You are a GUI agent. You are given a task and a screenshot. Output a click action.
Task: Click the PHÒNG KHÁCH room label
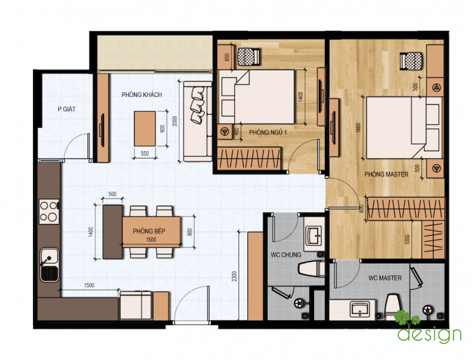pos(142,95)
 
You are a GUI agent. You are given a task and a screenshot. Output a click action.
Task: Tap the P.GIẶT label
pos(67,109)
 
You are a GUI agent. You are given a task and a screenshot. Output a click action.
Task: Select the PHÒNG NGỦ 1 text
pos(268,133)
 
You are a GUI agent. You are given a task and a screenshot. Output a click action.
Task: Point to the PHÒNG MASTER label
pos(386,175)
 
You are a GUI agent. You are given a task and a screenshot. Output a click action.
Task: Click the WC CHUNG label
pos(286,255)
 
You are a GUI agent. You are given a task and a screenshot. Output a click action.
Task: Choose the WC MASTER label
pos(385,278)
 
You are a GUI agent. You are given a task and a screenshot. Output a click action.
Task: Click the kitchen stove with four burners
pos(49,211)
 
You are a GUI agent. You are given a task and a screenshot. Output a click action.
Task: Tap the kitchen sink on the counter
pos(49,265)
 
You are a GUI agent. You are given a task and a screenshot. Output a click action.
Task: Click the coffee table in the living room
pos(145,129)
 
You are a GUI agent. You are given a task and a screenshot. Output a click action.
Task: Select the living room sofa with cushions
pos(198,121)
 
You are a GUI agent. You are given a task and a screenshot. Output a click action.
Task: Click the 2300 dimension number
pos(234,276)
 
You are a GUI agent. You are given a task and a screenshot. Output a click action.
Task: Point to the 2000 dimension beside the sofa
pos(175,121)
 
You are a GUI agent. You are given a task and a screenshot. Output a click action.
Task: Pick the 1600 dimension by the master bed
pos(359,127)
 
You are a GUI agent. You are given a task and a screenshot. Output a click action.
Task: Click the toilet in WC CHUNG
pos(312,268)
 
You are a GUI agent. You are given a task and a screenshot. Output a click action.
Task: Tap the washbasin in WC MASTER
pos(360,310)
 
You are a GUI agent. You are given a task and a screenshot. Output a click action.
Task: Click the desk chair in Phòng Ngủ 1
pos(249,56)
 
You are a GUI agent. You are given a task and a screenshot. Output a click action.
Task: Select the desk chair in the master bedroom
pos(411,61)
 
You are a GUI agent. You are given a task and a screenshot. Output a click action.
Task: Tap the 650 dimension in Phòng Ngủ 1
pos(227,57)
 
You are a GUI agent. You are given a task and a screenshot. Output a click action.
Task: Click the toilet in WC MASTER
pos(393,307)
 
